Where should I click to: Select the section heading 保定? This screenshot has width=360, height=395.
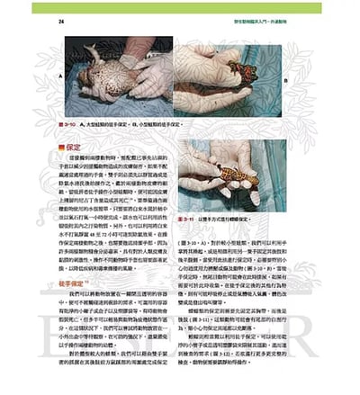73,145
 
